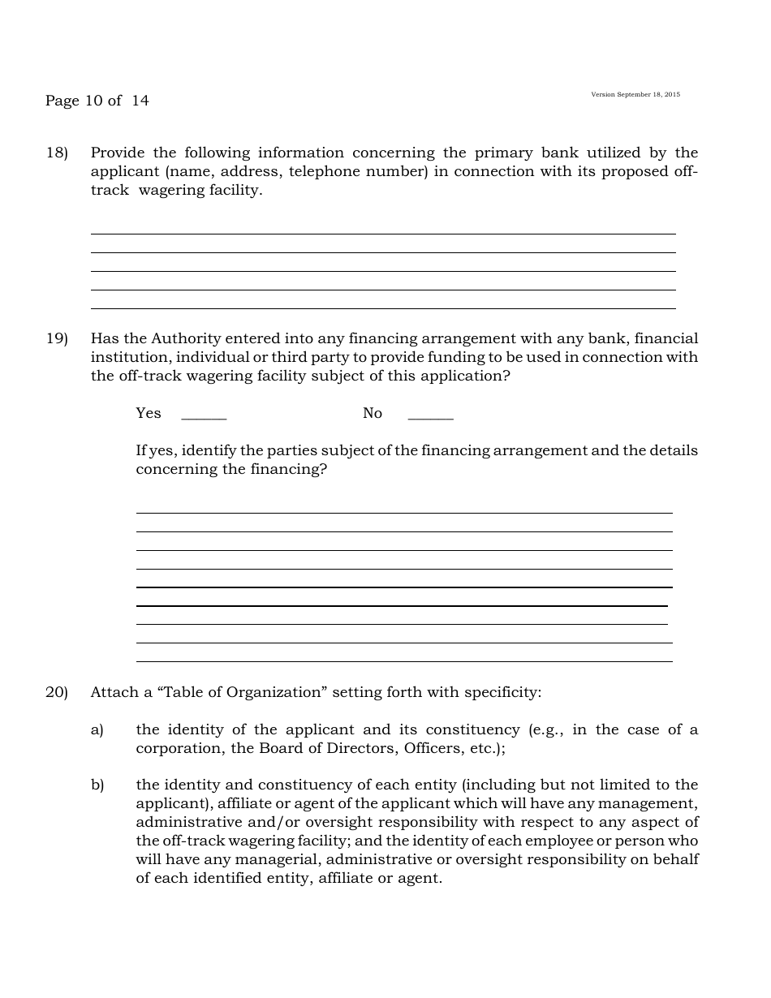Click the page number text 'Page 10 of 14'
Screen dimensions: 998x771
pos(97,101)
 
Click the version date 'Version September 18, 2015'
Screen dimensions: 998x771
pos(635,95)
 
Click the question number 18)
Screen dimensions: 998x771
pos(57,153)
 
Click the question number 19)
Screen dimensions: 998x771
pos(57,338)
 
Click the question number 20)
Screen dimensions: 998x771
pos(57,692)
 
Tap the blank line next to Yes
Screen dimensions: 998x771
pos(204,416)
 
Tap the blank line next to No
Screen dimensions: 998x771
pos(430,416)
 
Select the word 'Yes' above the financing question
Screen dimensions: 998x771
pos(149,413)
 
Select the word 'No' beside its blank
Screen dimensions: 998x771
pos(373,413)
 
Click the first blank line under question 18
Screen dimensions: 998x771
pos(383,233)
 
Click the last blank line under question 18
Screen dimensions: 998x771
pos(383,308)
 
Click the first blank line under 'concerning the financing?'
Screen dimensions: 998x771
pos(404,512)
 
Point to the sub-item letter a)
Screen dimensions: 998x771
pos(97,729)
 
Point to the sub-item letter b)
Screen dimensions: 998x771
pos(97,785)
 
